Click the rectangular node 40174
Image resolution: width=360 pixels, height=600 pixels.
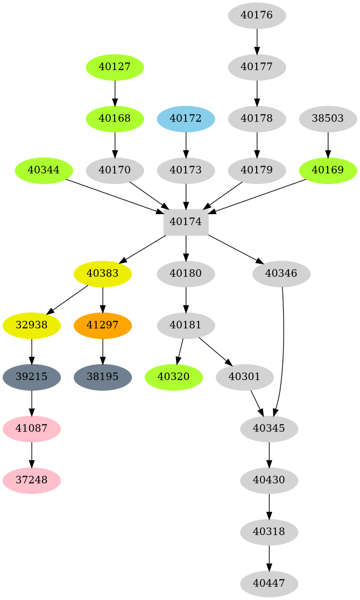coord(186,222)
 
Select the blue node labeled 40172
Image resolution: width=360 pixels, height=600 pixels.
coord(186,118)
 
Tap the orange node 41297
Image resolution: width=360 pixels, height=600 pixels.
coord(103,326)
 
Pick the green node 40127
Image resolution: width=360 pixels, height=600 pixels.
coord(115,67)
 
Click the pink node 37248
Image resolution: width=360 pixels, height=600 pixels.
coord(32,479)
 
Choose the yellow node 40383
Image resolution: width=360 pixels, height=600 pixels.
coord(103,273)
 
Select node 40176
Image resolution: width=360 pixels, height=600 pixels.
coord(257,16)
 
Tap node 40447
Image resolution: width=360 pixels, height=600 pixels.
coord(269,583)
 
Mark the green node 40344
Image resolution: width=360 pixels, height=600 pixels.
coord(44,171)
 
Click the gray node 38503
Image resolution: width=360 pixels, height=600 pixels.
coord(328,118)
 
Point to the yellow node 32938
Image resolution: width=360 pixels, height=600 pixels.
coord(32,326)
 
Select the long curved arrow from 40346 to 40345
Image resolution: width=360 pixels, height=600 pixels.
coord(284,350)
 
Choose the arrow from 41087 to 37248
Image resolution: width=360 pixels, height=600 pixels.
coord(32,454)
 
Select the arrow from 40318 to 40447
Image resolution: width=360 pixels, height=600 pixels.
coord(269,557)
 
